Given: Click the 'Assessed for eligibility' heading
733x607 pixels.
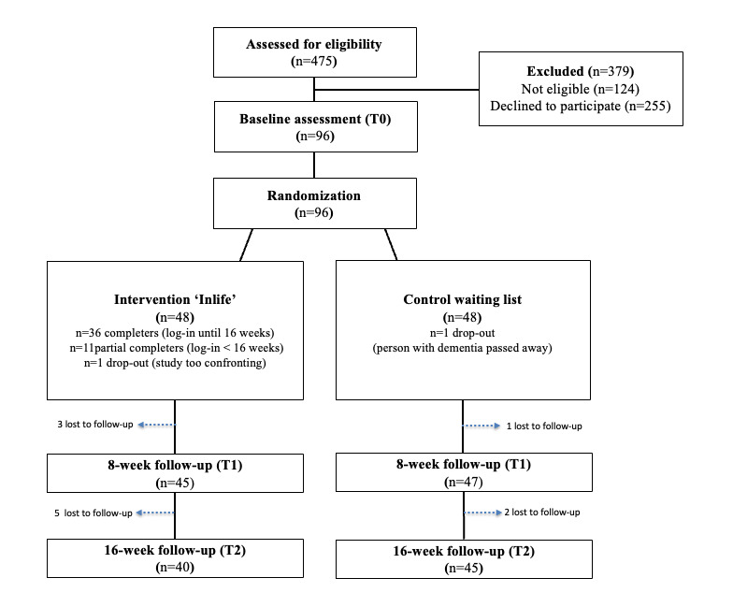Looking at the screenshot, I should (x=314, y=44).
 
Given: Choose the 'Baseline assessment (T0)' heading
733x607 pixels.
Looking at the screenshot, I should (x=314, y=119).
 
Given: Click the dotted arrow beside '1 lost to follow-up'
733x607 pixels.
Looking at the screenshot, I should (x=483, y=426).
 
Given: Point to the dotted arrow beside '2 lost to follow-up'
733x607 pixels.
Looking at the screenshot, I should (x=483, y=513).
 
